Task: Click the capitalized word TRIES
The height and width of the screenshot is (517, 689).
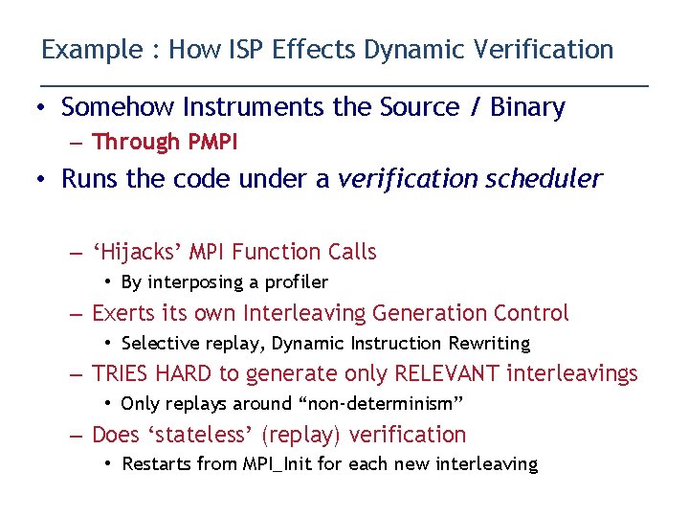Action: pos(122,374)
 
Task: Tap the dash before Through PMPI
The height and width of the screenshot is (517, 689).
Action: pos(77,143)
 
